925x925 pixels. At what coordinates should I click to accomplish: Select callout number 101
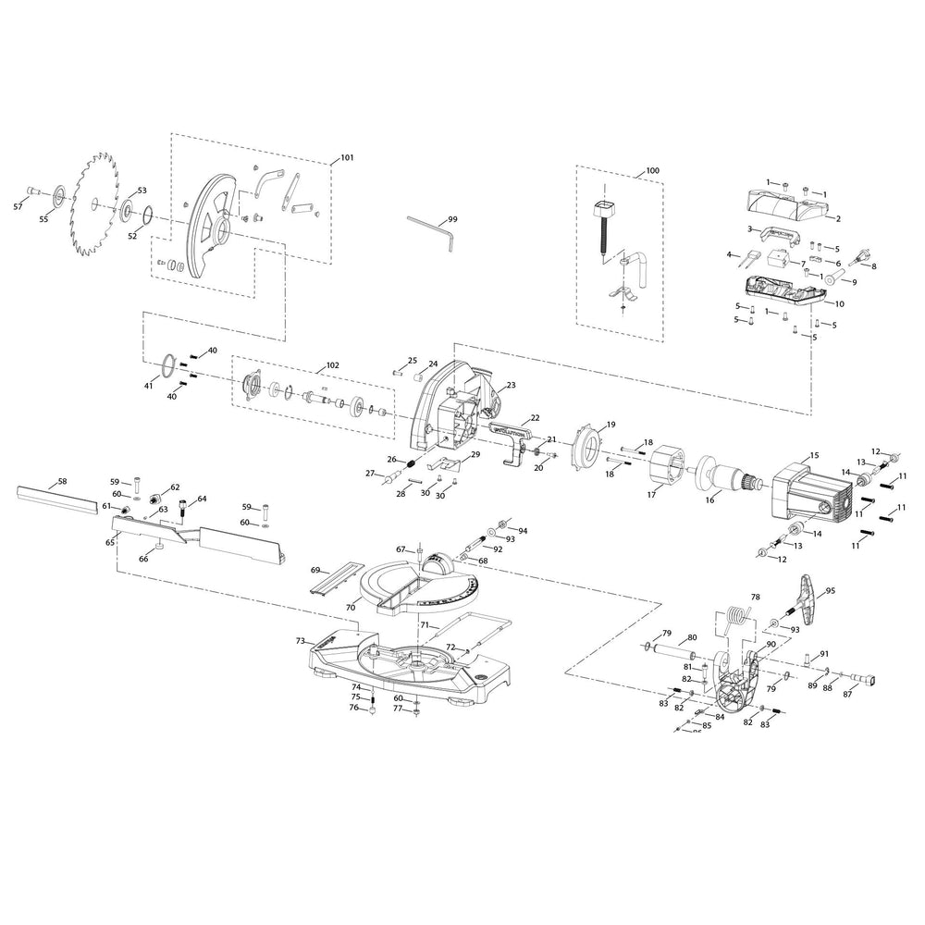point(347,158)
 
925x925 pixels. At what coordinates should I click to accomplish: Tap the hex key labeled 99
point(431,226)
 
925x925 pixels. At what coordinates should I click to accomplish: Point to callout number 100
point(652,171)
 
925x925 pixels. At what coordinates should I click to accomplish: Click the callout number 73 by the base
point(300,640)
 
